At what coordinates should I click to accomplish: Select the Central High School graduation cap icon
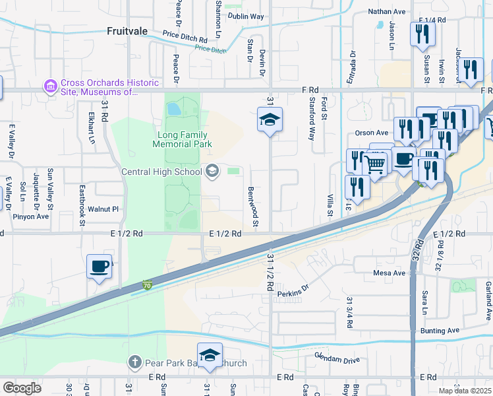(212, 172)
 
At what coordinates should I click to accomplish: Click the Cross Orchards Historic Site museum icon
(49, 86)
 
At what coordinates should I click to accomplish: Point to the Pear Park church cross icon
(134, 362)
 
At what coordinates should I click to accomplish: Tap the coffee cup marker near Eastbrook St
(100, 267)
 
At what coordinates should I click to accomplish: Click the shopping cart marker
(376, 164)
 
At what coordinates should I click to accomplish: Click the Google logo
(21, 387)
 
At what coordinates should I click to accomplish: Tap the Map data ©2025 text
(465, 391)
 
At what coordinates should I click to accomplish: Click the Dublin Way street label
(246, 16)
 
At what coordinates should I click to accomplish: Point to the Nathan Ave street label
(387, 11)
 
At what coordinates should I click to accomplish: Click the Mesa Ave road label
(389, 273)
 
